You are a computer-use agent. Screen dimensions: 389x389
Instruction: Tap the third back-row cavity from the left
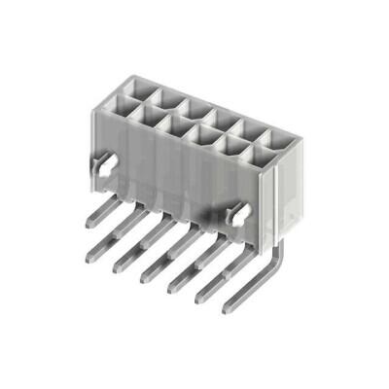(190, 108)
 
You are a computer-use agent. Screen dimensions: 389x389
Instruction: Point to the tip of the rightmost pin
(230, 307)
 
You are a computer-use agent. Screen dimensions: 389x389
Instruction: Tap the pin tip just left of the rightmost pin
(201, 296)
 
